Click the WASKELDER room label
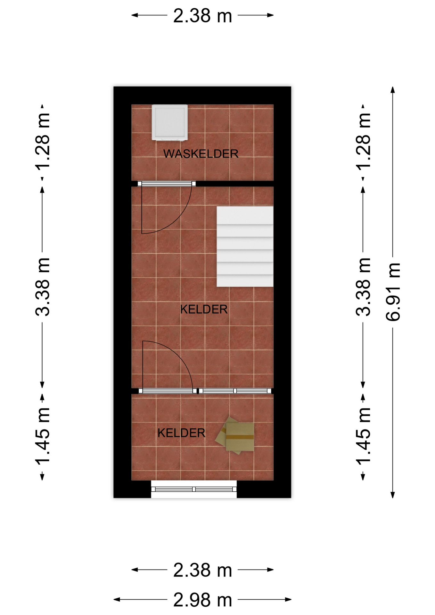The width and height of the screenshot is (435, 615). click(x=201, y=154)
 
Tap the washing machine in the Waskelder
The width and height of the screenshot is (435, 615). click(x=169, y=122)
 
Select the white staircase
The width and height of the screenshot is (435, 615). click(x=245, y=246)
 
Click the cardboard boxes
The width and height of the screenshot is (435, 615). click(x=235, y=435)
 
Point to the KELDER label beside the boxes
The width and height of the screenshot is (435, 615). click(x=181, y=433)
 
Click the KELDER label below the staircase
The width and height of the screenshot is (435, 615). click(x=204, y=309)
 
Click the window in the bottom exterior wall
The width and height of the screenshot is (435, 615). click(x=194, y=489)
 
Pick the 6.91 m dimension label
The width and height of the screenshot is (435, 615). click(x=393, y=292)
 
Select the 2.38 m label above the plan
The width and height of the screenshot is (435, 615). click(x=202, y=15)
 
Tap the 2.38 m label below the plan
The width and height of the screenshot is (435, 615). click(x=202, y=570)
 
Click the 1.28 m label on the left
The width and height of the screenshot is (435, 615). click(x=42, y=141)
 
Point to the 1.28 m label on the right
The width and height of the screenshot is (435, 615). click(x=363, y=141)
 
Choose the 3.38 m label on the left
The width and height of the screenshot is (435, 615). click(x=42, y=287)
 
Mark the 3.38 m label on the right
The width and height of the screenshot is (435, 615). click(x=363, y=287)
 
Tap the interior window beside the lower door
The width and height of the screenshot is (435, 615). click(x=235, y=391)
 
